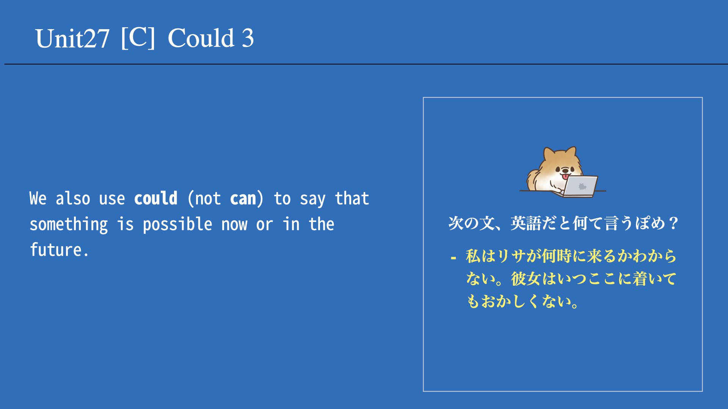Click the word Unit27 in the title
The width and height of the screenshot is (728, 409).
72,38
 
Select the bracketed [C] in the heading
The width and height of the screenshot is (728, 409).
138,37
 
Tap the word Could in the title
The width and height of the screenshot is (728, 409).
201,38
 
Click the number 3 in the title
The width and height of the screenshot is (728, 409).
248,38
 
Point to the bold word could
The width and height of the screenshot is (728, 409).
156,198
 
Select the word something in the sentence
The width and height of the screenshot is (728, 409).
69,225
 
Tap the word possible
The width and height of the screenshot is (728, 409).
177,225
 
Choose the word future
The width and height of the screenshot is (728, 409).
59,250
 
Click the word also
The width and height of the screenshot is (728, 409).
73,198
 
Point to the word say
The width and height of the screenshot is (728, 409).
312,200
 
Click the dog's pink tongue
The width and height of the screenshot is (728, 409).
565,176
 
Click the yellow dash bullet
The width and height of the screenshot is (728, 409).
453,258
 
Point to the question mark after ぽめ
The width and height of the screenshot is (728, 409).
674,223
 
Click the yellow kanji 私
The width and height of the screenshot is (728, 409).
473,256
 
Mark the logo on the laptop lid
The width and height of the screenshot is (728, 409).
582,186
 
